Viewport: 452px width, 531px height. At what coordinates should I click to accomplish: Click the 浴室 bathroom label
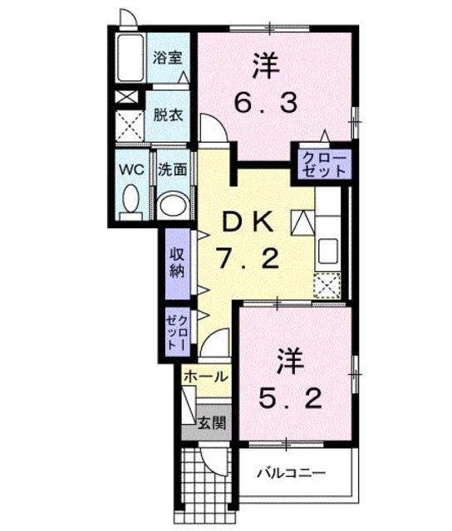coord(168,58)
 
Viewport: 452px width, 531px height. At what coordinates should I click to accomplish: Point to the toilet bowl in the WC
coord(130,199)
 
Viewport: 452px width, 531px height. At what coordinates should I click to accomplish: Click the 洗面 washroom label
coord(173,168)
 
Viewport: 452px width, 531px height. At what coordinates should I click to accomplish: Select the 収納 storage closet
coord(177,263)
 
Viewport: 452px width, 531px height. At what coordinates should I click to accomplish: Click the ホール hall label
coord(204,376)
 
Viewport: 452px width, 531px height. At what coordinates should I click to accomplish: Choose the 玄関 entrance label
coord(212,423)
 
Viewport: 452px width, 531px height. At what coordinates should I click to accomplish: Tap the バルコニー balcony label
coord(291,474)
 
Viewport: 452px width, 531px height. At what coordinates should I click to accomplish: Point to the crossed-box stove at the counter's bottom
coord(327,285)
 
